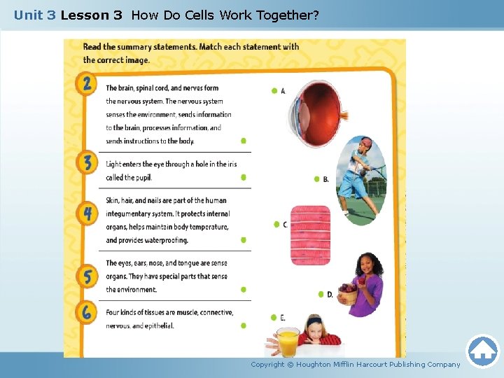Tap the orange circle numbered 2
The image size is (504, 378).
[86, 85]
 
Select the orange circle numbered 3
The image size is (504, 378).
[86, 163]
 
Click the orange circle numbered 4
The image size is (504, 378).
[86, 213]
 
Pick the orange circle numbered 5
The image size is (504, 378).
[86, 276]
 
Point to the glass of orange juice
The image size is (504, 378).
[288, 342]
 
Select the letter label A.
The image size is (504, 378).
[283, 91]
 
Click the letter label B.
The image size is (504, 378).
[326, 179]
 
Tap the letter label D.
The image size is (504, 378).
[330, 295]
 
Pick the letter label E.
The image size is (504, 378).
[283, 318]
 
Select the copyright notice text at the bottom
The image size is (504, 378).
[356, 364]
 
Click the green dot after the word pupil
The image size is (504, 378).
[244, 177]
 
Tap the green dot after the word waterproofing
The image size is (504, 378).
[244, 240]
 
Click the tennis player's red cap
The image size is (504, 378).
[365, 144]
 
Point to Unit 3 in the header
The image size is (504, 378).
[34, 15]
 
